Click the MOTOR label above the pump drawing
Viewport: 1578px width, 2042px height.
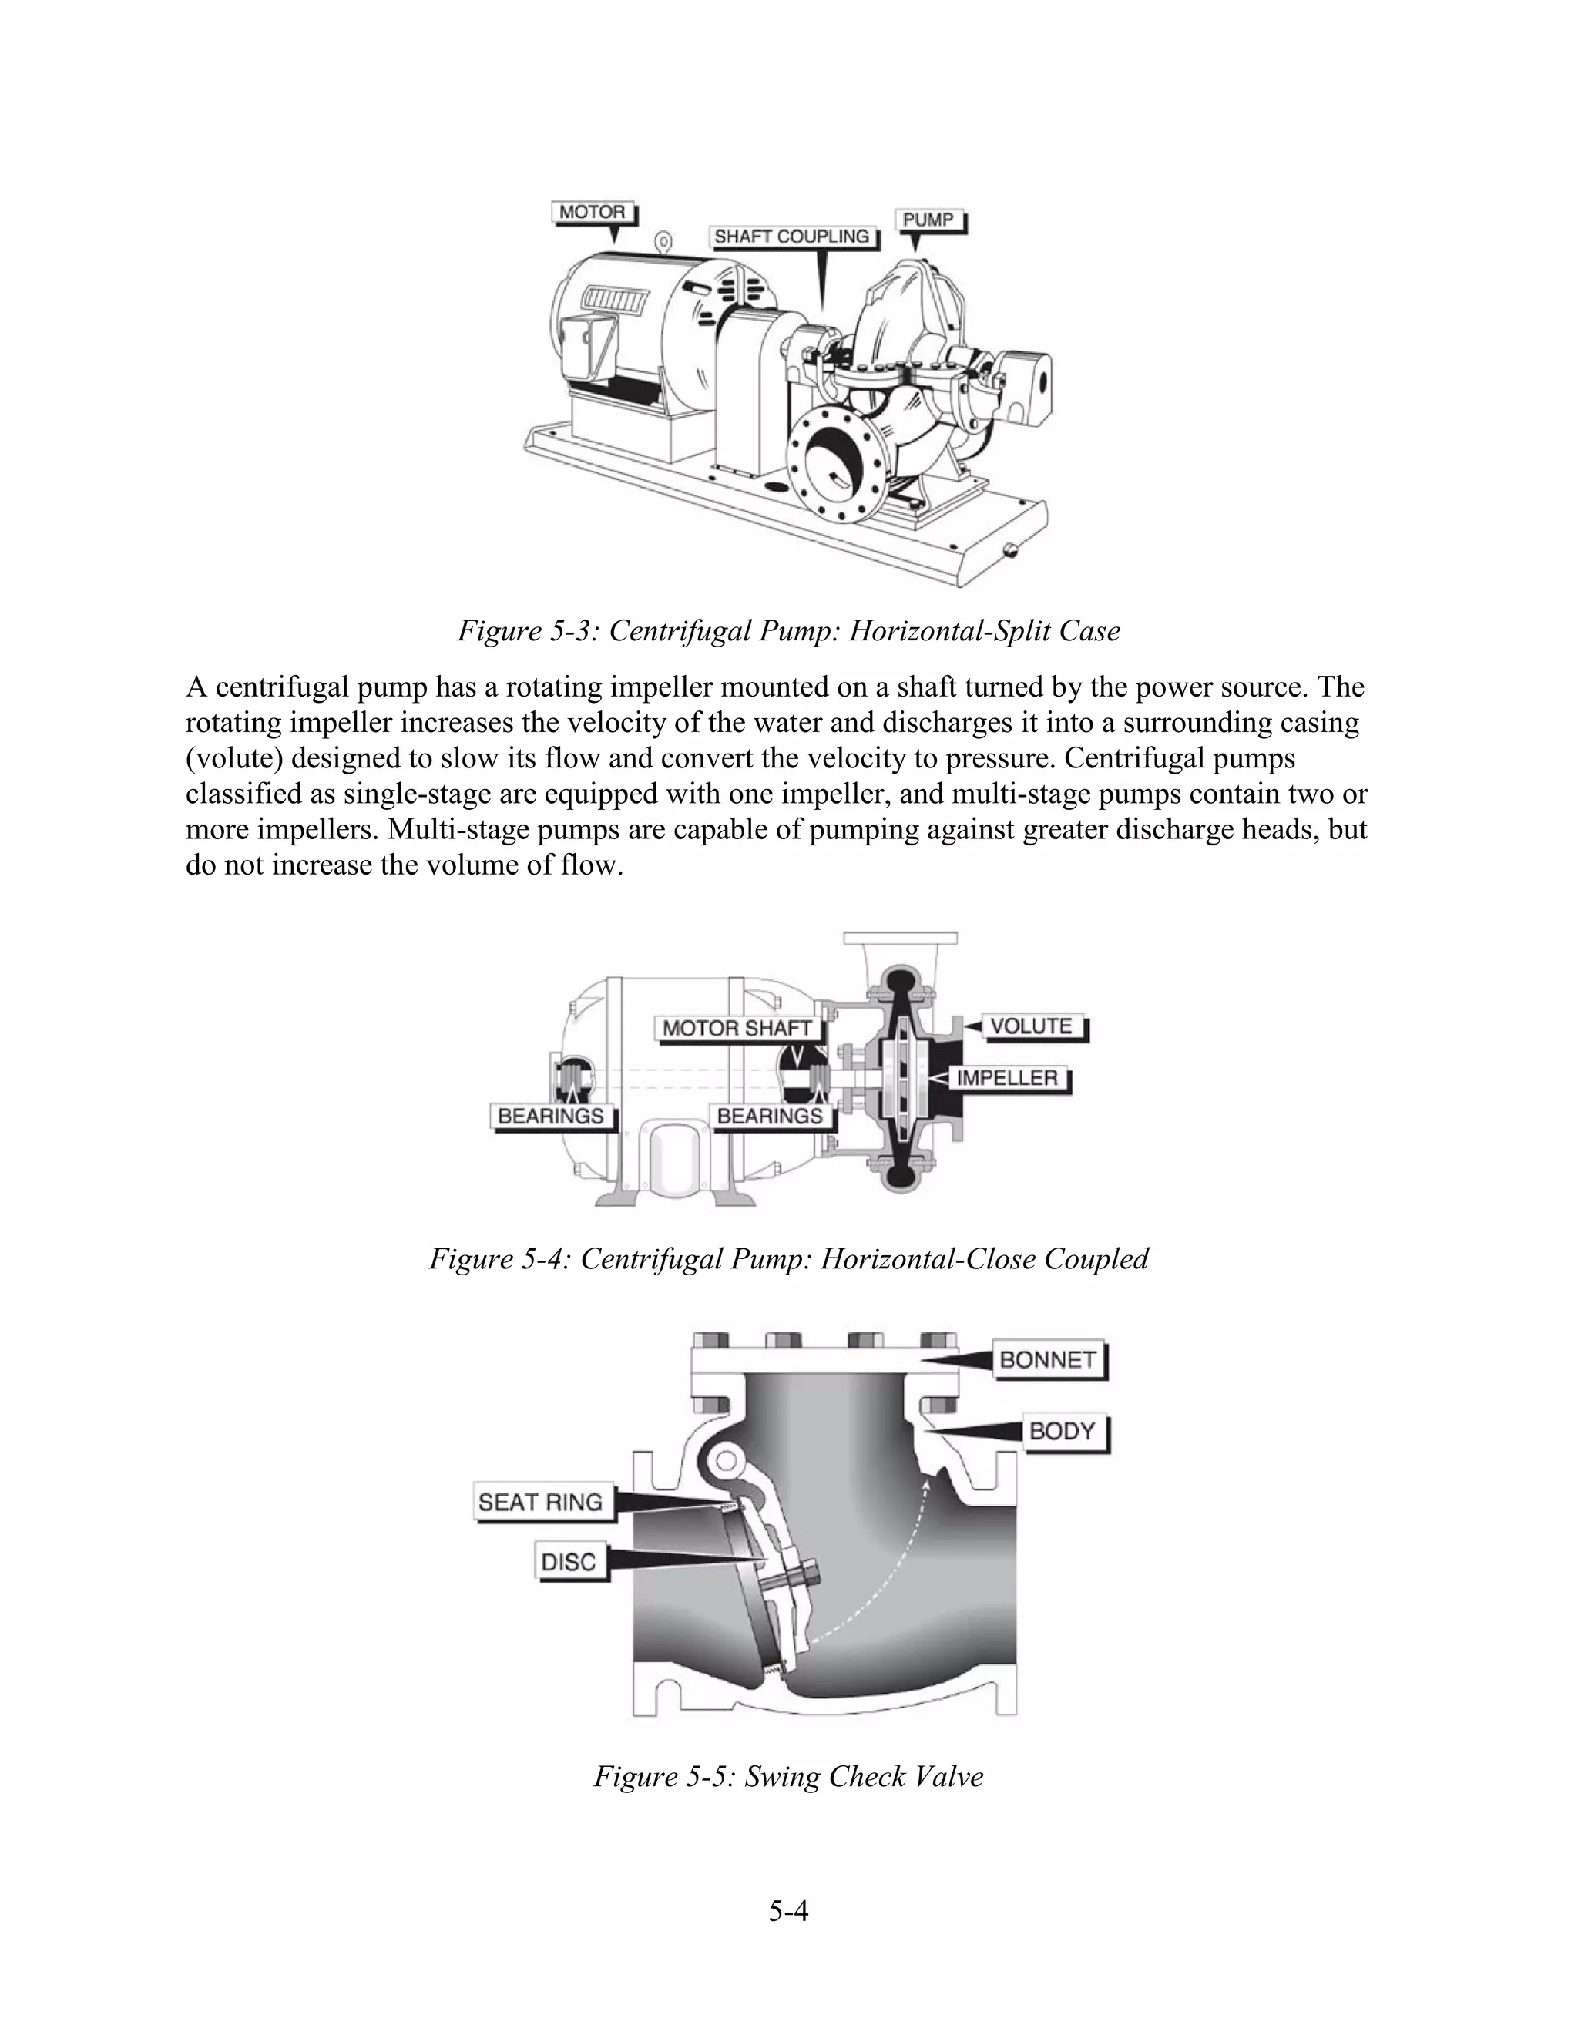point(592,212)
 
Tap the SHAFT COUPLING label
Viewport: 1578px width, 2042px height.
point(792,237)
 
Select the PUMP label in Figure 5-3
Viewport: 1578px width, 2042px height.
point(928,220)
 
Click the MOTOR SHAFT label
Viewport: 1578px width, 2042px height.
point(737,1029)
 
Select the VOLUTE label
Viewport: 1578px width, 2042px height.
point(1031,1026)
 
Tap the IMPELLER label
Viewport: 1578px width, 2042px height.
point(1007,1078)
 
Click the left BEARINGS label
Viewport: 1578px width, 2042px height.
point(551,1116)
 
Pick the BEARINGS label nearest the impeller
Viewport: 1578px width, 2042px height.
point(770,1116)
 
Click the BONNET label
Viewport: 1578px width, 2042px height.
point(1047,1359)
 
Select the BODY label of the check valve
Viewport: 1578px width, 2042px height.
point(1062,1432)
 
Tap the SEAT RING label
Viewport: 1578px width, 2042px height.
point(540,1502)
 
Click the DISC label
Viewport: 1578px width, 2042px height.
point(569,1561)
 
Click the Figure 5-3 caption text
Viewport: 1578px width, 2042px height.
point(788,631)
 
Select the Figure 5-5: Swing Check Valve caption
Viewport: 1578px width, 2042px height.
point(788,1775)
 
